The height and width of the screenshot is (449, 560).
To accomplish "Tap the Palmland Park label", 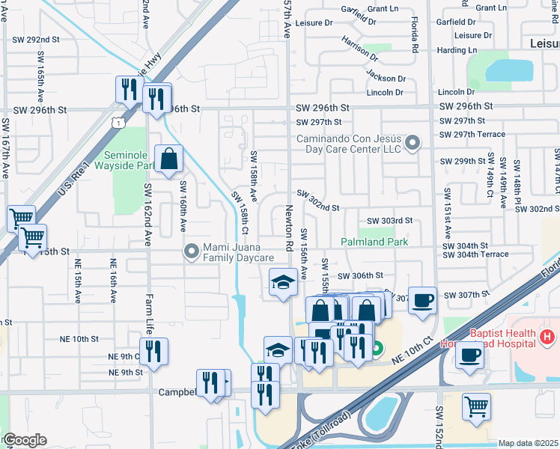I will (x=374, y=242).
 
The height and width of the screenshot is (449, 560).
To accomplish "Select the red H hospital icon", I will (x=550, y=337).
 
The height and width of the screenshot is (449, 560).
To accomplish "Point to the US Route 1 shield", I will (x=118, y=122).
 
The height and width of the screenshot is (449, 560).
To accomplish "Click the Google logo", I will (x=25, y=440).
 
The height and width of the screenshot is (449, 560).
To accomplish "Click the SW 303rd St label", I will (x=390, y=221).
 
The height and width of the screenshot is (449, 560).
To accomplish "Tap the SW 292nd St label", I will (x=36, y=39).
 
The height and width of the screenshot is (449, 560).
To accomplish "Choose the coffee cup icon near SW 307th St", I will (x=423, y=299).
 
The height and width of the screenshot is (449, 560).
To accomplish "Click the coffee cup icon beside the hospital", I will (x=469, y=354).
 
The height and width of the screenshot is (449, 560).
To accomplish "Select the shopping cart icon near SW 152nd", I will (x=476, y=406).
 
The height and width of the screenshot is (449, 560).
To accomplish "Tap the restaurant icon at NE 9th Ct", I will (x=153, y=351).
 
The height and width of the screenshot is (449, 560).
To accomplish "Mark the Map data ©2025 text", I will (x=528, y=443).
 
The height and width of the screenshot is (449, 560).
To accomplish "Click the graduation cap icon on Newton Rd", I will (x=282, y=281).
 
